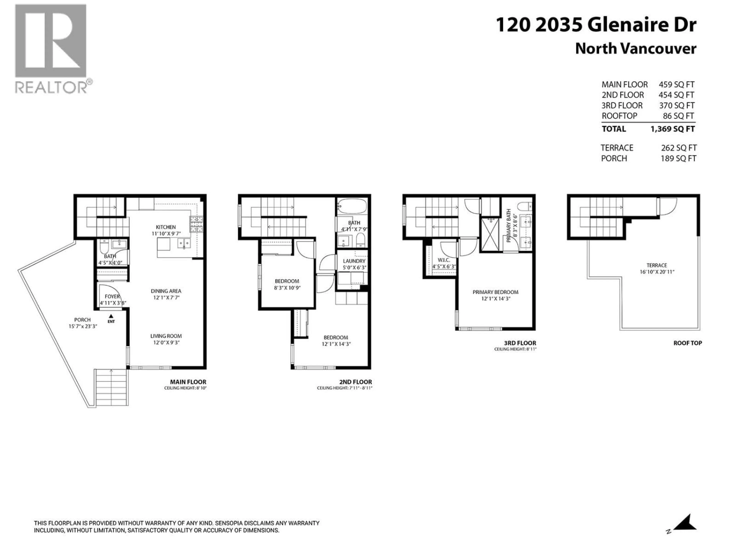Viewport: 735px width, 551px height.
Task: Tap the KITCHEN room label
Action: [x=166, y=227]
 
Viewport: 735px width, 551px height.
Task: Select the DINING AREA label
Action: [x=166, y=291]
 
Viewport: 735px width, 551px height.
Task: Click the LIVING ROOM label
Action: [x=166, y=336]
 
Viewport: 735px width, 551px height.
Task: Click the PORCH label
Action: [x=82, y=320]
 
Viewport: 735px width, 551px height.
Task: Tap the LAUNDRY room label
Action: [x=354, y=261]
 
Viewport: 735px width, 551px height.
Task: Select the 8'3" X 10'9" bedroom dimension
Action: [x=287, y=288]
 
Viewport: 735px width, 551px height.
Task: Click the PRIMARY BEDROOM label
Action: [x=495, y=292]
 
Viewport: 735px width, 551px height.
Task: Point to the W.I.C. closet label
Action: [x=444, y=260]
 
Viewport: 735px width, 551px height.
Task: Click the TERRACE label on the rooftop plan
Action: [x=657, y=265]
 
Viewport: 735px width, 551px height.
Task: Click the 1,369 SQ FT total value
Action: [x=672, y=129]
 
